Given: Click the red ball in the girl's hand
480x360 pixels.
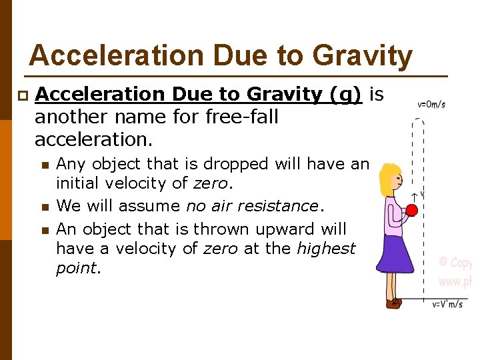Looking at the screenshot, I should click(x=411, y=211).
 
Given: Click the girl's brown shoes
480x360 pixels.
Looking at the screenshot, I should click(x=394, y=303).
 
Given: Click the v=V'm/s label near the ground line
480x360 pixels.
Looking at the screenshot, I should click(x=449, y=305).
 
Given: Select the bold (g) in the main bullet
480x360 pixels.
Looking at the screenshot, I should click(x=346, y=95).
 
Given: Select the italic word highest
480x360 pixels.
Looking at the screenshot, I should click(x=326, y=249).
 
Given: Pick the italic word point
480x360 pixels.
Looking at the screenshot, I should click(x=76, y=268).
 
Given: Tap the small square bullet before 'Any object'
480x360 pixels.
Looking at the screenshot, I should click(x=44, y=165).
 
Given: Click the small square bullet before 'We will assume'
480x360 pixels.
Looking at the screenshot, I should click(x=44, y=207).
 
